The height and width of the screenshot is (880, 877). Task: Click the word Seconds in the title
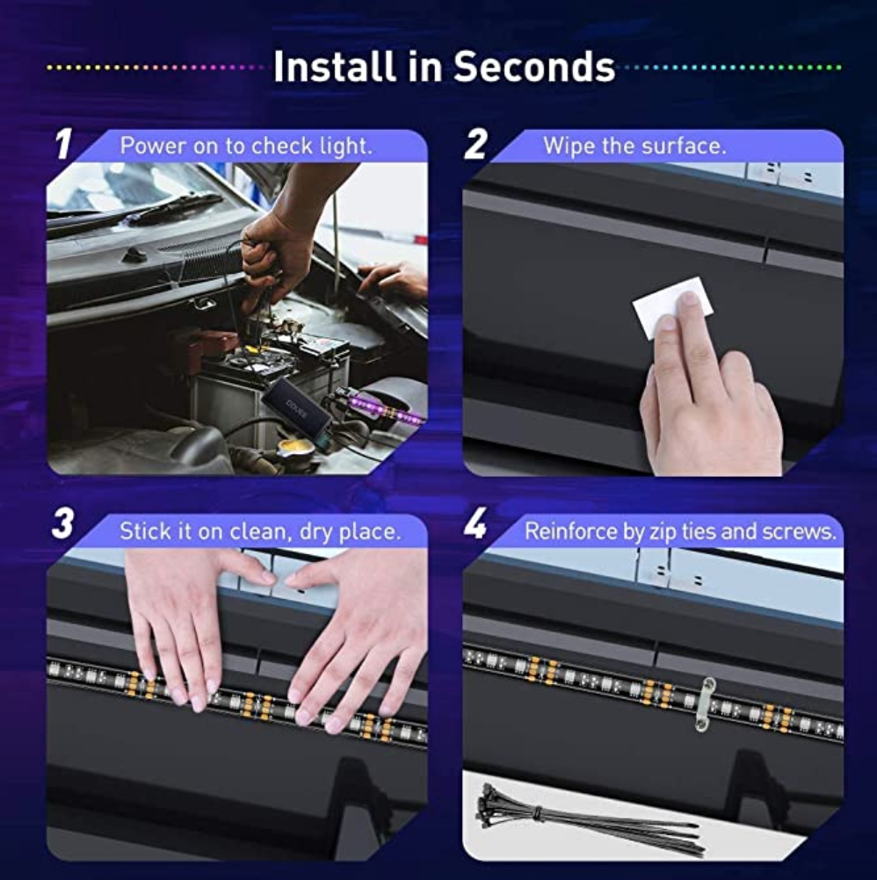[x=534, y=67]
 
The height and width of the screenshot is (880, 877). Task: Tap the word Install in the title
[x=334, y=66]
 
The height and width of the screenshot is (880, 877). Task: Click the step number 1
[x=64, y=144]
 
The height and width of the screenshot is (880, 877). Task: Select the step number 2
[x=475, y=144]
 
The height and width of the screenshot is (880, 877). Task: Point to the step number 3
[x=63, y=523]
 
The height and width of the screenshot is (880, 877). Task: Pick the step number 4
[x=475, y=524]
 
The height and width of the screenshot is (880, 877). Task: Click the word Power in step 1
[x=153, y=146]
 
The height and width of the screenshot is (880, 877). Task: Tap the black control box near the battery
[x=296, y=406]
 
